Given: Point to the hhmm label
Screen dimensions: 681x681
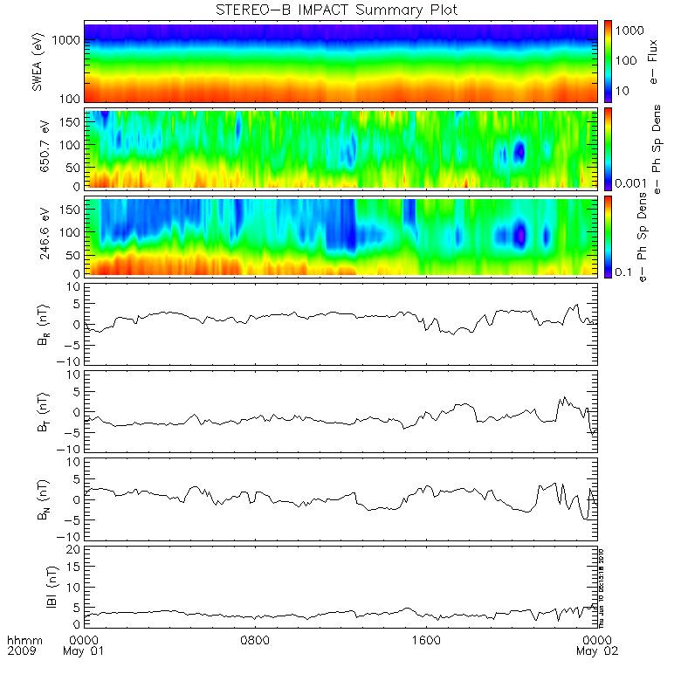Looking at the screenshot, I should point(21,639).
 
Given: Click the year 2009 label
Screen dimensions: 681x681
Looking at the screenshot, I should point(21,651).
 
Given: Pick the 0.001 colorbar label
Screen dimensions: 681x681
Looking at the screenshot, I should point(629,182).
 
